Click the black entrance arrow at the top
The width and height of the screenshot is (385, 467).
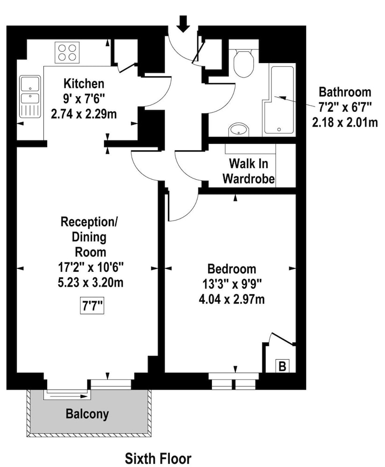click(183, 24)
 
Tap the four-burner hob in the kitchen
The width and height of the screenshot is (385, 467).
click(67, 52)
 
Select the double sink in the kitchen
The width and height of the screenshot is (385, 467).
click(30, 97)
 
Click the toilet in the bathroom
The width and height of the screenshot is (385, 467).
click(244, 62)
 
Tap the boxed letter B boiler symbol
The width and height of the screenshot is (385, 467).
click(282, 366)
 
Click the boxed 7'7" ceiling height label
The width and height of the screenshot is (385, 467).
click(92, 306)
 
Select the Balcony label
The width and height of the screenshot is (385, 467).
click(87, 414)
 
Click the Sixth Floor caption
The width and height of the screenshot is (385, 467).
click(158, 458)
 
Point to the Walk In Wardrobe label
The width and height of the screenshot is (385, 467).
click(248, 171)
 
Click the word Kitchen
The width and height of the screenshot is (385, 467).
click(84, 84)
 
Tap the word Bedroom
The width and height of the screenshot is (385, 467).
click(232, 269)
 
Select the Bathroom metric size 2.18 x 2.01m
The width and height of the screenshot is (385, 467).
click(345, 122)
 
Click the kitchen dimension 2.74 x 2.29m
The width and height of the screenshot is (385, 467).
click(84, 114)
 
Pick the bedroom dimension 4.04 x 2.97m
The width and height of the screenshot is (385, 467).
click(232, 299)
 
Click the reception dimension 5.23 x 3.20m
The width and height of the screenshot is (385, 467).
click(91, 283)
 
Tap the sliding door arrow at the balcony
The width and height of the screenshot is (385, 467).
click(69, 396)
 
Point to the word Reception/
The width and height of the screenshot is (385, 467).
click(89, 222)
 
